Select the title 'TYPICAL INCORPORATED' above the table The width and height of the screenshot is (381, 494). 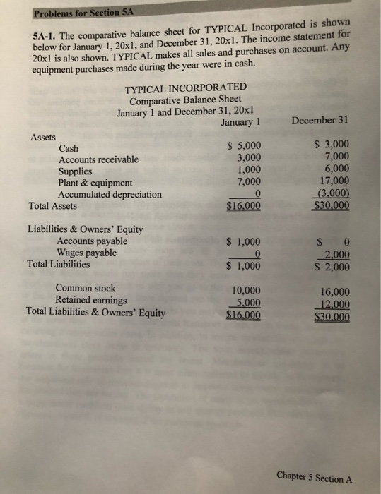coord(185,88)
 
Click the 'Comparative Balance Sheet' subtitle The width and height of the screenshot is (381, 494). coord(185,100)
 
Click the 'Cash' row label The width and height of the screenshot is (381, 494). coord(69,148)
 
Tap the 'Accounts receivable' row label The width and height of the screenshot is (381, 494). coord(98,159)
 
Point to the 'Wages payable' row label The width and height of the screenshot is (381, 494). coord(86,253)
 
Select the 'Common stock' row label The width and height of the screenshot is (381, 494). coord(85,288)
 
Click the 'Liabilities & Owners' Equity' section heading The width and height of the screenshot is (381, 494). coord(85,229)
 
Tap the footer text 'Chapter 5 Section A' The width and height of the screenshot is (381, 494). coord(315,478)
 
